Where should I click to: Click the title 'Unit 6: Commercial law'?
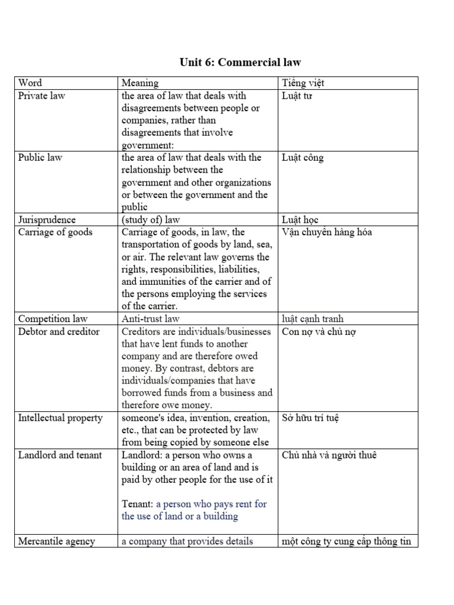tap(240, 62)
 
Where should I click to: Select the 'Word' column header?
tap(30, 83)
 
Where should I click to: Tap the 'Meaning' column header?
tap(140, 83)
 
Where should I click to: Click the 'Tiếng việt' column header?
tap(303, 83)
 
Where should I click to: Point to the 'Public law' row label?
tap(40, 158)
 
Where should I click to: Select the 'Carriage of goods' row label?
tap(56, 232)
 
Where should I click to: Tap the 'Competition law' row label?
tap(53, 319)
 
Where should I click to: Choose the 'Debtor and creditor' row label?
tap(59, 331)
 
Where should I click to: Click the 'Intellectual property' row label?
tap(60, 418)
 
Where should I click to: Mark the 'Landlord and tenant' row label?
tap(60, 455)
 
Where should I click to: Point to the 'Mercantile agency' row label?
tap(57, 541)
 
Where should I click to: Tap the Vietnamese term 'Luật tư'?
tap(297, 96)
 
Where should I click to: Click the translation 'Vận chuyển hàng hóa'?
tap(327, 232)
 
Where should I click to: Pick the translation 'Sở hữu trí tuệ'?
tap(311, 418)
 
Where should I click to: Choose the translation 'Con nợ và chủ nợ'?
tap(319, 331)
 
